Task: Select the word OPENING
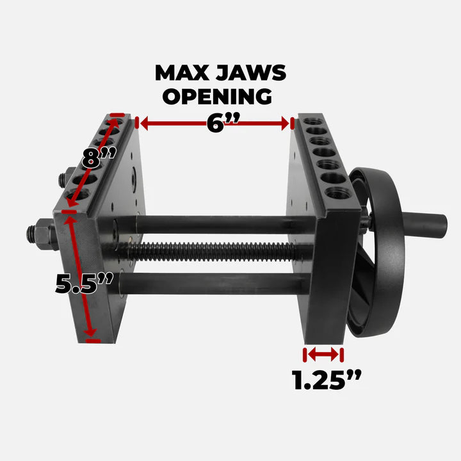216,96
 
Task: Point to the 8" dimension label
99,156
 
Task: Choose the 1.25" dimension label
327,380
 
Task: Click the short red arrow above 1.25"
323,354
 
